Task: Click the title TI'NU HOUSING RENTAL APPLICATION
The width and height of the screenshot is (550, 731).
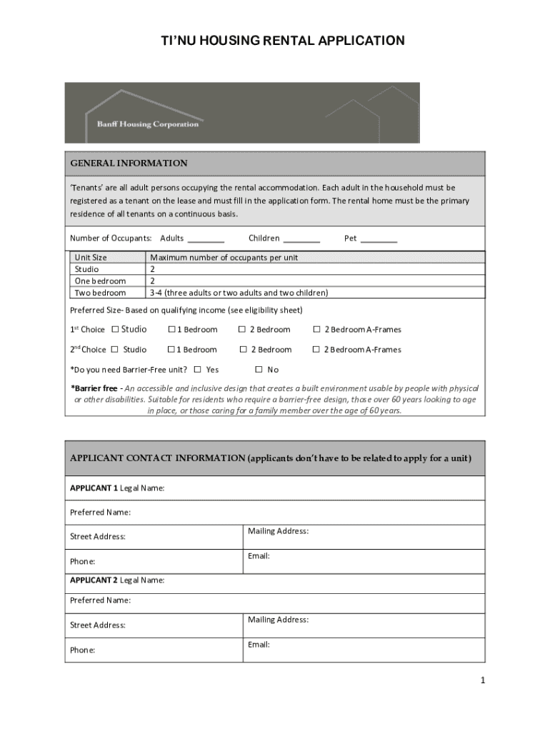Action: (282, 41)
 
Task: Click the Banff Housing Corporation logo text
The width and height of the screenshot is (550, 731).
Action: (148, 124)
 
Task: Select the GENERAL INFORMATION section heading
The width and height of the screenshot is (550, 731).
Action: (129, 163)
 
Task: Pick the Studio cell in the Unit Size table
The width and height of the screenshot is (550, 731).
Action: (87, 269)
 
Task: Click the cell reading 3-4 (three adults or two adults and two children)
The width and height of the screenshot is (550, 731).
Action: (239, 293)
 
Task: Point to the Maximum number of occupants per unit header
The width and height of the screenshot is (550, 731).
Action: (224, 257)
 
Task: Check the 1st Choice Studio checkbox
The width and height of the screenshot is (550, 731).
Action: (114, 330)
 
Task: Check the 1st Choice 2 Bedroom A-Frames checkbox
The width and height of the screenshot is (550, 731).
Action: (316, 330)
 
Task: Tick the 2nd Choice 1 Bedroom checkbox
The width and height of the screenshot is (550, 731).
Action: (171, 350)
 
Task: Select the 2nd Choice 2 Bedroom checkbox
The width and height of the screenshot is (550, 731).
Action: (243, 350)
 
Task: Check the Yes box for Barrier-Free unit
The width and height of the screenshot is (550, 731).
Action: (198, 370)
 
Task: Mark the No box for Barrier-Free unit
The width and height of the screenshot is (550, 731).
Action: (259, 370)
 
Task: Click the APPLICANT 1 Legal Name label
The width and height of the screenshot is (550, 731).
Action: (117, 488)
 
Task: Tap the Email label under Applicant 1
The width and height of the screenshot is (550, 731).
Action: (259, 556)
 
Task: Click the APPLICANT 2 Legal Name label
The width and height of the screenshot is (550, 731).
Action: (117, 580)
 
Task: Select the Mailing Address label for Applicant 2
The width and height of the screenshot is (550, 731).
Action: (278, 620)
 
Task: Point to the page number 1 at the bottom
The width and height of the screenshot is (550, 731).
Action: (483, 681)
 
